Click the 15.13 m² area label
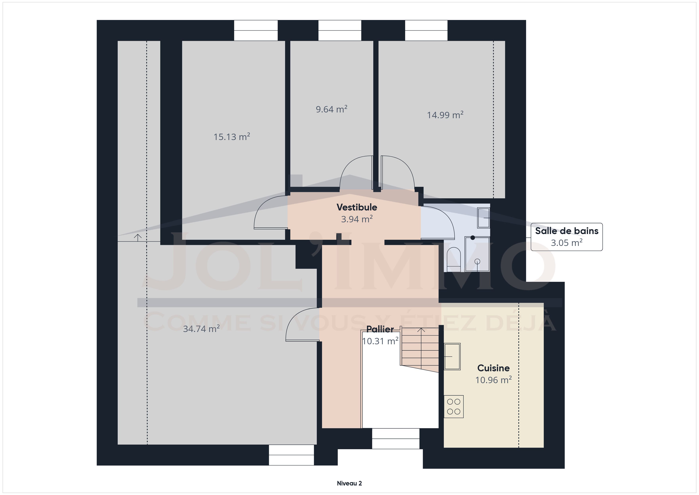(232, 137)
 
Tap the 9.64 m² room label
(331, 109)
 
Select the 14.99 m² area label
(445, 115)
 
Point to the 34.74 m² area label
(201, 329)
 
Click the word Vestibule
(357, 207)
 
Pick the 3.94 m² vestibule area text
(357, 219)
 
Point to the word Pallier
(380, 329)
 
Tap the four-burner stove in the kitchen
(454, 407)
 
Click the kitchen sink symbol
(452, 356)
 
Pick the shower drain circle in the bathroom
(477, 261)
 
